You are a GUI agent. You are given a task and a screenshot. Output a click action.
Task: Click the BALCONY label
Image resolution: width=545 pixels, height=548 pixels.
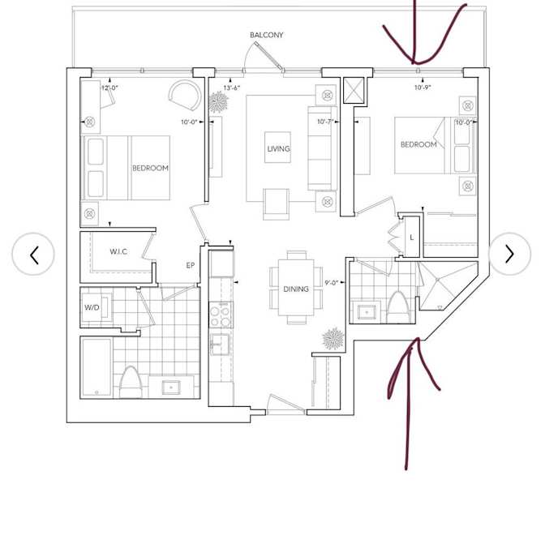point(266,35)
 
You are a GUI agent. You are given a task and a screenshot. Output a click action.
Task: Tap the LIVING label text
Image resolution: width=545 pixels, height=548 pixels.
point(278,149)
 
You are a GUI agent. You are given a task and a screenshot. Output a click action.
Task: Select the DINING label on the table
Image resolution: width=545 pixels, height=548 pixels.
point(296,289)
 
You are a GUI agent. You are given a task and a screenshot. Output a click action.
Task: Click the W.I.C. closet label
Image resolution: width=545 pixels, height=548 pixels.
point(118,251)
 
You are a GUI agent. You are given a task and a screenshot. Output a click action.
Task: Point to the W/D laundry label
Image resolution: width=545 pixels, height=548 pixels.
point(92,307)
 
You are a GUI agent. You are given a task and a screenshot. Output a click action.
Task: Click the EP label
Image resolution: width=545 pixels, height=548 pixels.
point(190,266)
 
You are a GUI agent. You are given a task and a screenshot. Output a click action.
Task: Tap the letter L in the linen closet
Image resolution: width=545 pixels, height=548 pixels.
point(411,238)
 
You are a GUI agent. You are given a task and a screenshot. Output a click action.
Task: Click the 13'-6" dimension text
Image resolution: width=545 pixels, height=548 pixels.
point(232,88)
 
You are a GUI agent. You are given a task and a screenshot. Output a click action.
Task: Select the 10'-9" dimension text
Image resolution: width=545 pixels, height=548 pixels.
point(423,88)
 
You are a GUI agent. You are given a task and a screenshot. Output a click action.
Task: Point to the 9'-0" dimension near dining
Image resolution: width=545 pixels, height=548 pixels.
point(331,283)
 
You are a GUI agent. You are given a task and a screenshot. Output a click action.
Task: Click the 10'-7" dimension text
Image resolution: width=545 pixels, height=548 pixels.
point(325,122)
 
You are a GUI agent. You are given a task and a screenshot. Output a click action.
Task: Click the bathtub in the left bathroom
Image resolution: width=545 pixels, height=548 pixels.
point(97,368)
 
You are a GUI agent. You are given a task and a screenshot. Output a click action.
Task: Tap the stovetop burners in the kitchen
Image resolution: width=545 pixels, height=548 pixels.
point(221,315)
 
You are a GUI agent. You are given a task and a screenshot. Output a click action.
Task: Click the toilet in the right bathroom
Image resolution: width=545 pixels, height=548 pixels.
point(398,307)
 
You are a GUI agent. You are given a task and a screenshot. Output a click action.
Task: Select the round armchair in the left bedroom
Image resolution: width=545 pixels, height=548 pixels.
point(185,95)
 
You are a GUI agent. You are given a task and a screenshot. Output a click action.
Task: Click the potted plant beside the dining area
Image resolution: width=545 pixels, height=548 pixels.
point(333,338)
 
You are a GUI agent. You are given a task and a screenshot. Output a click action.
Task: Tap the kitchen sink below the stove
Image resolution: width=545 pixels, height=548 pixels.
point(220,344)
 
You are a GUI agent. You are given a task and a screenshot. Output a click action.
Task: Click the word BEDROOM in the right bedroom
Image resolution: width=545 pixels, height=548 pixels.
point(418,144)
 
